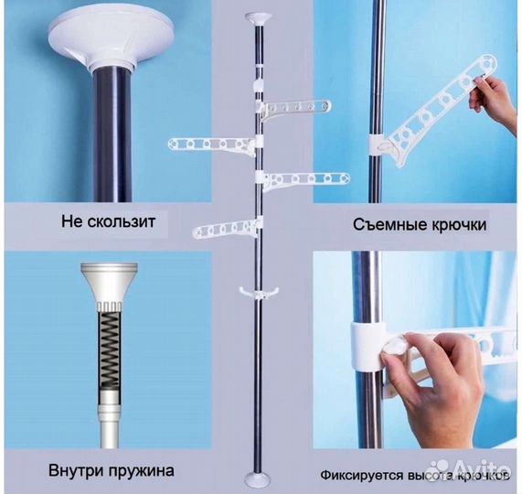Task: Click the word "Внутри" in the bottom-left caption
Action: coord(76,473)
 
